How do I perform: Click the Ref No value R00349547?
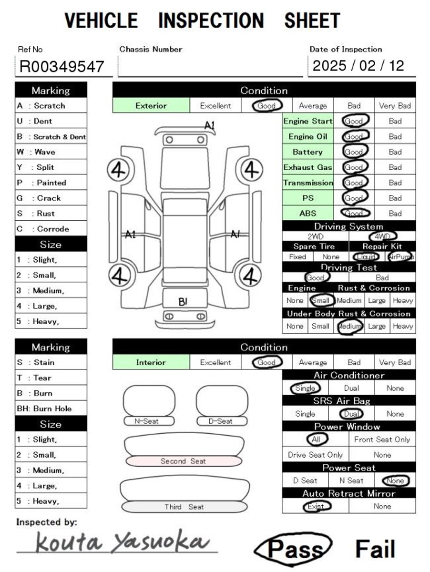[61, 66]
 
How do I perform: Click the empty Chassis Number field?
[210, 66]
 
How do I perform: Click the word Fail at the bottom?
[375, 549]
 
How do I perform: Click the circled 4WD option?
[382, 236]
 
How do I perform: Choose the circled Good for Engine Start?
[354, 121]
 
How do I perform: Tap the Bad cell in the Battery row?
[395, 152]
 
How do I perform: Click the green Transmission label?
[308, 183]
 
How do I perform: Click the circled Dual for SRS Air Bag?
[351, 414]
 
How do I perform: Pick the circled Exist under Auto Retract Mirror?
[317, 506]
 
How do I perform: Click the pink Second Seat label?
[183, 461]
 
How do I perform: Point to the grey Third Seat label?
[184, 507]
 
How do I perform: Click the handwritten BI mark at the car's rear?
[183, 302]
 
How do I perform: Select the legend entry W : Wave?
[51, 152]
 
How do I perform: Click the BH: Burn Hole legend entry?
[51, 409]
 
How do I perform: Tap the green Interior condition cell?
[151, 362]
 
